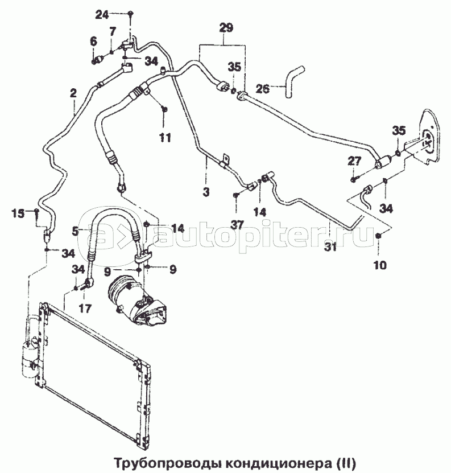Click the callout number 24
click(x=102, y=14)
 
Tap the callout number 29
click(x=226, y=28)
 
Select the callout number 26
click(x=262, y=89)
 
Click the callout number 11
click(x=165, y=138)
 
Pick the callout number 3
click(x=206, y=192)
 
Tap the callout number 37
click(x=238, y=224)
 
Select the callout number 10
click(x=380, y=265)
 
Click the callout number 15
click(x=18, y=213)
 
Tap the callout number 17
click(x=85, y=309)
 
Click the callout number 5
click(x=76, y=231)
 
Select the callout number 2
click(x=73, y=93)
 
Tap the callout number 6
click(x=94, y=42)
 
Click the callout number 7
click(x=113, y=32)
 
